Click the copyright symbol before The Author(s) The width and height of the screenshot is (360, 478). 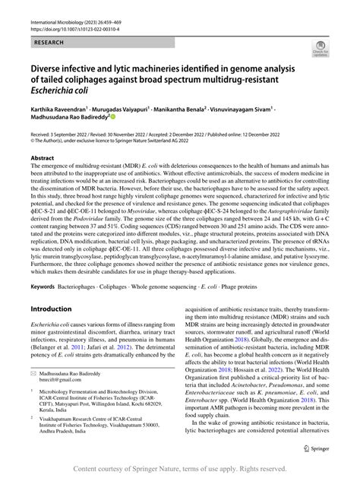click(x=33, y=140)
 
